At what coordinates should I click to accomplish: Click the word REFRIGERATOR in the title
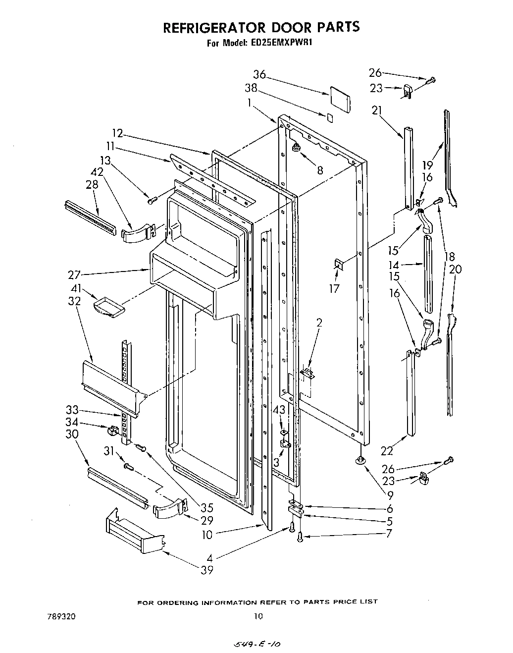(x=213, y=27)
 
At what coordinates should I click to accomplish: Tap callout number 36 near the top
(x=259, y=75)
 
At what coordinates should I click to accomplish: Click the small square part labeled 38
(x=330, y=117)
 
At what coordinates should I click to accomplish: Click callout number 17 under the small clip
(x=335, y=288)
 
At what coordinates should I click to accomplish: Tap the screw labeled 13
(x=152, y=200)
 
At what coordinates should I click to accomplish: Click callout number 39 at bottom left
(x=207, y=570)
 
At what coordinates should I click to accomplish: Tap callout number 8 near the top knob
(x=320, y=170)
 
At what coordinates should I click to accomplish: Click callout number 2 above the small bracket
(x=319, y=323)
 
